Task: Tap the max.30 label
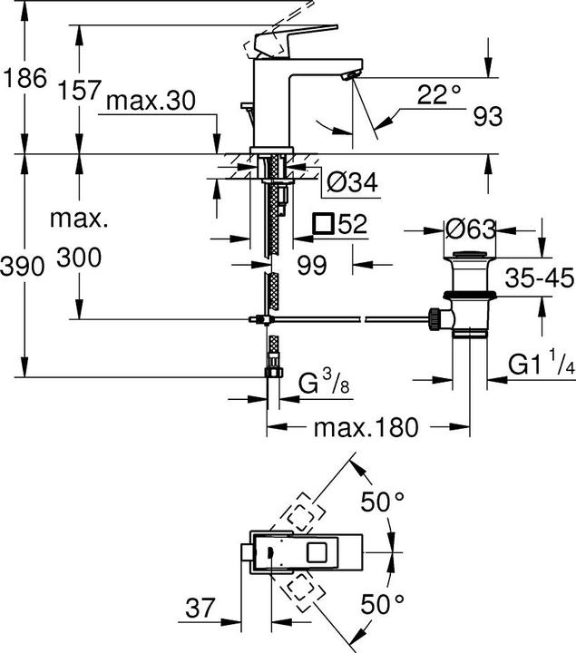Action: [150, 102]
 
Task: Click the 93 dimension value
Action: [487, 116]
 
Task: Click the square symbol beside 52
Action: [322, 224]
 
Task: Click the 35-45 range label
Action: [540, 278]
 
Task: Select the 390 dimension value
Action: [22, 268]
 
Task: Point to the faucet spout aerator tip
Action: [349, 78]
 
